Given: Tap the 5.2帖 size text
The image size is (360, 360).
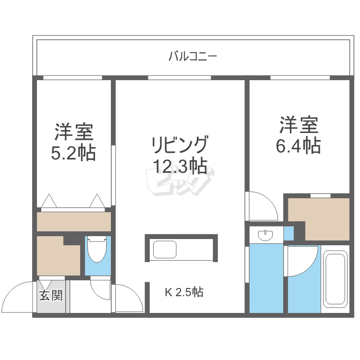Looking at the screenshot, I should click(x=73, y=153).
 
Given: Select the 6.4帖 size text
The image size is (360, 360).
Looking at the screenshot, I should click(x=299, y=144).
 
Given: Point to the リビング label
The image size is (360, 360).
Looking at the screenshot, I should click(x=180, y=144).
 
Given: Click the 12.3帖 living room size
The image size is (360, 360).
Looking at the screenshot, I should click(x=180, y=166).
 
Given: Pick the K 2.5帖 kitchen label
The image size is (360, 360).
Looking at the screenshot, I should click(x=184, y=292).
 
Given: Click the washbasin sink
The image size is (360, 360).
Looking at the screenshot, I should click(x=265, y=236).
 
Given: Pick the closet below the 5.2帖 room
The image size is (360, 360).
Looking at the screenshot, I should click(x=74, y=222).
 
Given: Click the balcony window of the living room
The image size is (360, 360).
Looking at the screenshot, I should click(x=179, y=77).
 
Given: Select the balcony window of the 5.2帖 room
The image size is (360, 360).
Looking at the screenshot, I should click(x=72, y=77).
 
